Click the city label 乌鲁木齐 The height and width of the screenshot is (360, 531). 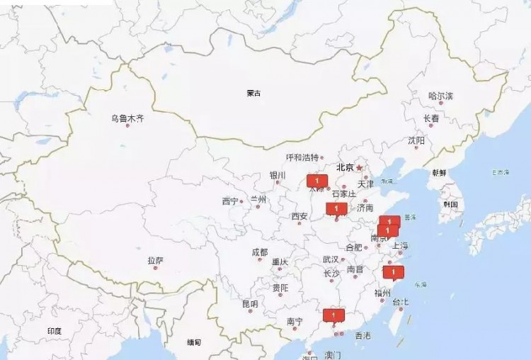[127, 118]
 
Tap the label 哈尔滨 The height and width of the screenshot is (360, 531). [440, 96]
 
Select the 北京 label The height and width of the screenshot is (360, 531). [345, 168]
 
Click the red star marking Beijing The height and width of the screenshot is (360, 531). [359, 168]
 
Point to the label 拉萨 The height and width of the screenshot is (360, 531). [155, 260]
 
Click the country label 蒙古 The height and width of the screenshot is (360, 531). [253, 93]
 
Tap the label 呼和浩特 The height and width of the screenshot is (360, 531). [302, 157]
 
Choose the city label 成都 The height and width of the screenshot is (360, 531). [259, 252]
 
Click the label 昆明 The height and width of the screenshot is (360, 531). [250, 303]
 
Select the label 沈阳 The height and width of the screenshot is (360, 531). [416, 140]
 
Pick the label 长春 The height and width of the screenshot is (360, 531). [430, 118]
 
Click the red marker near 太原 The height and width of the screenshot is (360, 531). [313, 181]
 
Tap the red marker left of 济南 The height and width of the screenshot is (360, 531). [336, 208]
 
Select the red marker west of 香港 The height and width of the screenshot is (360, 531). [332, 315]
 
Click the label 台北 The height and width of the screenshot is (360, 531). [400, 302]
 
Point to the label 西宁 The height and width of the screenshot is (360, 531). [230, 201]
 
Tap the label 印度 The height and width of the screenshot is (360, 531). [55, 331]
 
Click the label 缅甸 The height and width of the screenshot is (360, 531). [194, 342]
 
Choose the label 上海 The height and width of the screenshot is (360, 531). [400, 246]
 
